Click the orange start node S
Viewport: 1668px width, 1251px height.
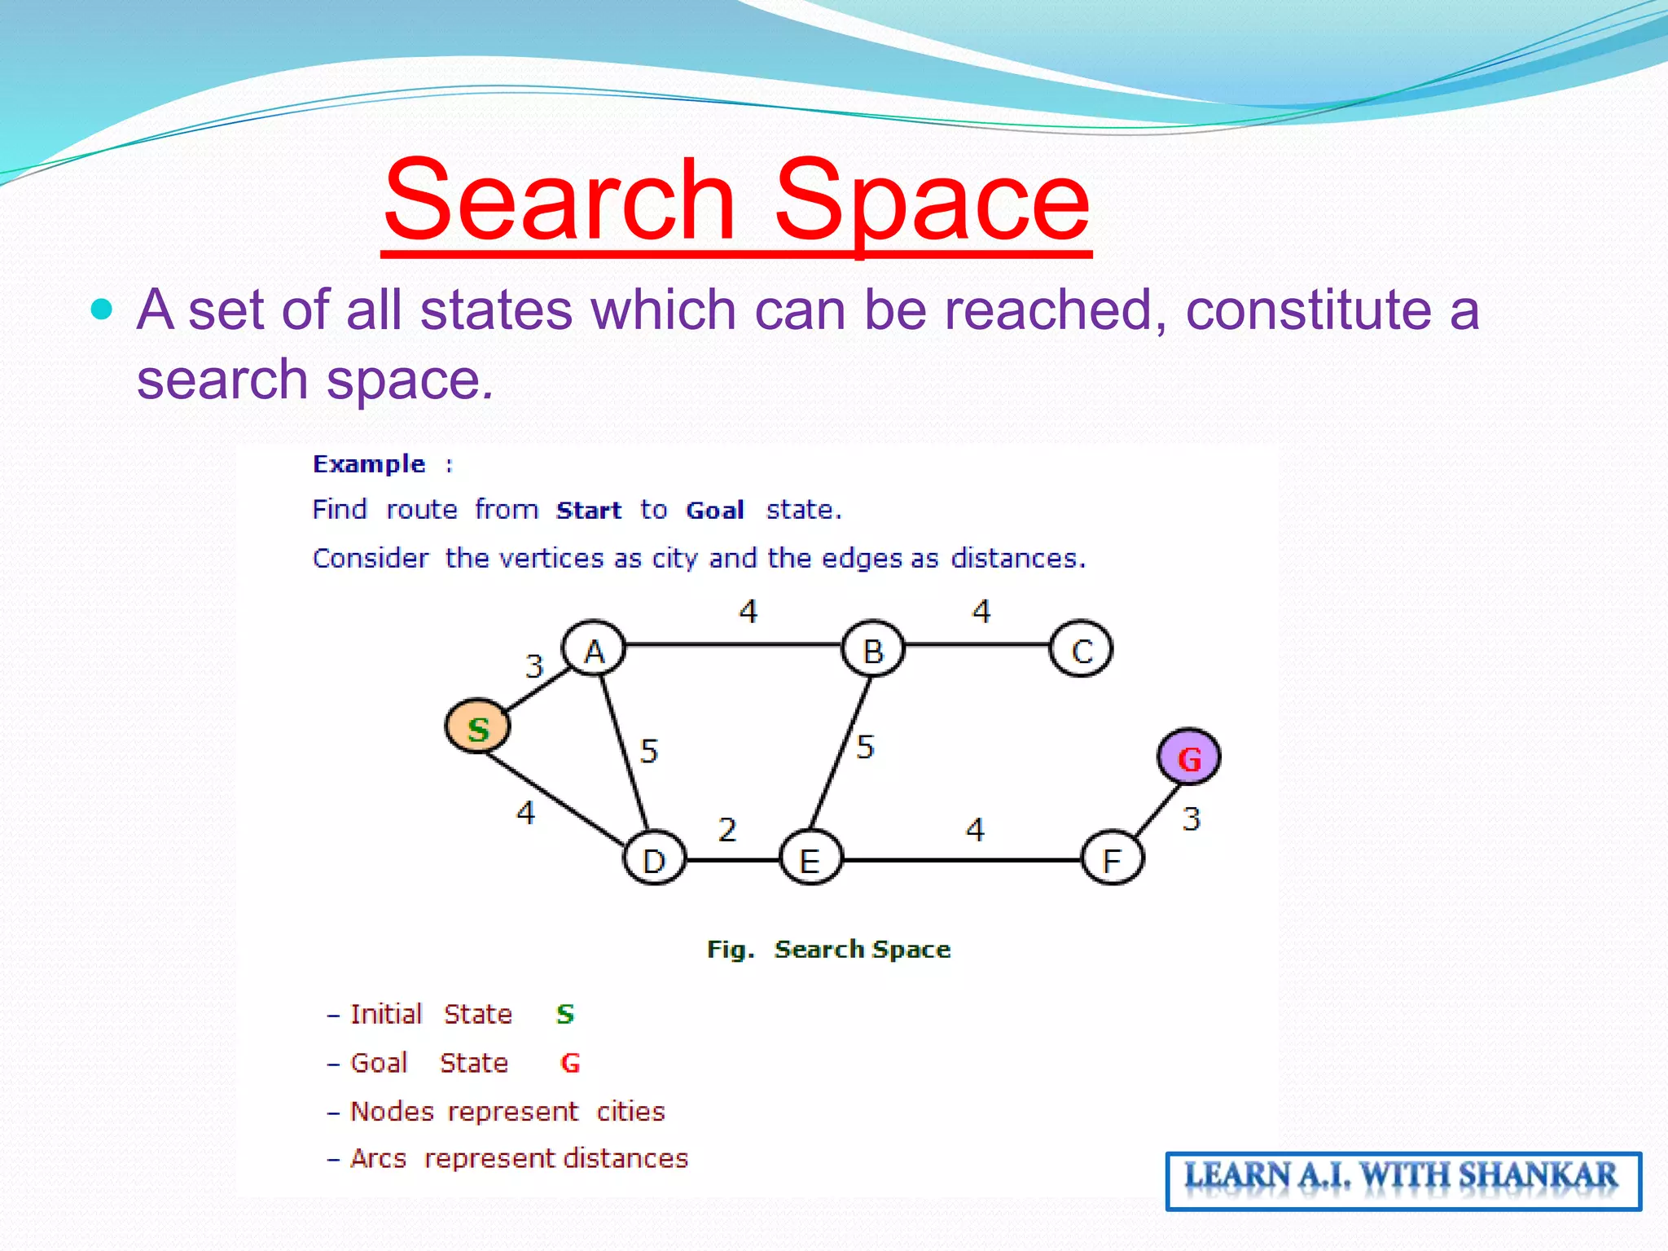[478, 727]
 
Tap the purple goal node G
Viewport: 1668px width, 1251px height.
[1188, 757]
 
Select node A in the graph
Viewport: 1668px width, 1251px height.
[594, 650]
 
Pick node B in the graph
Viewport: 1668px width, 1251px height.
[872, 650]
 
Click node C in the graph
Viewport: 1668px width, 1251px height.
[1081, 650]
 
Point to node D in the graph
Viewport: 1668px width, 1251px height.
[654, 859]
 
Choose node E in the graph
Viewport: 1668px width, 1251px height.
[810, 859]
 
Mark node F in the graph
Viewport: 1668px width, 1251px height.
[1113, 859]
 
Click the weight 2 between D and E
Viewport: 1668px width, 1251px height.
[727, 830]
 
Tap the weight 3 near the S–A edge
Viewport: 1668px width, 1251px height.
[534, 666]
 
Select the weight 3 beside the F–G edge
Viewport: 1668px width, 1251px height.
[1192, 819]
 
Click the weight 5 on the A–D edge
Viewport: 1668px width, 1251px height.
[648, 751]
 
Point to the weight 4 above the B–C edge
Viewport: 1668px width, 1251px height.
[981, 612]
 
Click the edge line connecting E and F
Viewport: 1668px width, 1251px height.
[961, 859]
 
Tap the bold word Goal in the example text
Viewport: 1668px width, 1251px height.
[714, 511]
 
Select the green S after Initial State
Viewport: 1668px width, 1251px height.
[565, 1014]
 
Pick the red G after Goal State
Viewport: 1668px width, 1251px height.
[570, 1063]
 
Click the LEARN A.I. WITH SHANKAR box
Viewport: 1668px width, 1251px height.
[1402, 1180]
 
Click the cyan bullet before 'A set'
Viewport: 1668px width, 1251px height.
[102, 310]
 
